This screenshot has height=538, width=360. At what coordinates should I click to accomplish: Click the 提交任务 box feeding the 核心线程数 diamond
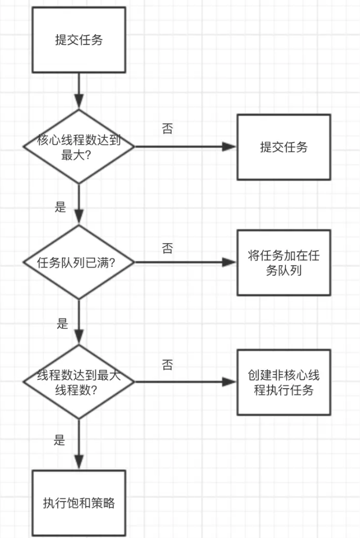pos(79,39)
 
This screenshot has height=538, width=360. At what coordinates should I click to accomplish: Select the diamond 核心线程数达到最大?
pos(79,147)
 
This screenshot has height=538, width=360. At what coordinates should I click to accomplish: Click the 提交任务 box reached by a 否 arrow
pos(284,147)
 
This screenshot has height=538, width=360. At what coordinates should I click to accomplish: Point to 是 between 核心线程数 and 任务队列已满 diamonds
pos(61,207)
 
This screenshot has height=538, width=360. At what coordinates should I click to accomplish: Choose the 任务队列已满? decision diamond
pos(79,262)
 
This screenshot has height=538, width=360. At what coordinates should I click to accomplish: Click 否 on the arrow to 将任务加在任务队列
pos(167,248)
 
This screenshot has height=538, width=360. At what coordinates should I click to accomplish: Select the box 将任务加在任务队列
pos(284,262)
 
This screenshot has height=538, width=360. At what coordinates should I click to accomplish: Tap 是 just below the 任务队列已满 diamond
pos(63,323)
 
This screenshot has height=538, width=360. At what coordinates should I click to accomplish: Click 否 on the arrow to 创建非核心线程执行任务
pos(167,365)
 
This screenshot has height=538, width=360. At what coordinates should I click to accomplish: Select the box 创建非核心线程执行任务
pos(284,382)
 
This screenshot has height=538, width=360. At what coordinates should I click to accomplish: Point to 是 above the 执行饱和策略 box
pos(60,440)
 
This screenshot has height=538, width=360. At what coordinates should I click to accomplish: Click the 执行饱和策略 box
pos(79,503)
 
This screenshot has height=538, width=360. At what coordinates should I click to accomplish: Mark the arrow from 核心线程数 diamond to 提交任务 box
pos(185,147)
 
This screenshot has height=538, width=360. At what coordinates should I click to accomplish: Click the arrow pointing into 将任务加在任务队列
pos(185,262)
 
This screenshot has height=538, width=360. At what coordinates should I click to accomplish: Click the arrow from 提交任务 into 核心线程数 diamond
pos(79,90)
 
